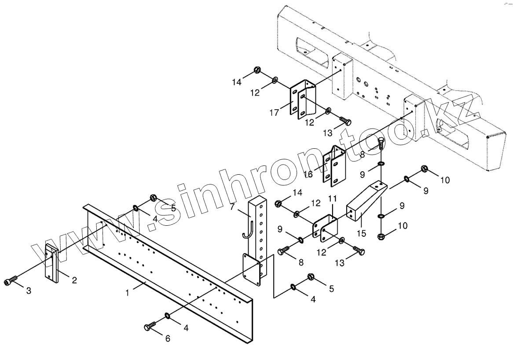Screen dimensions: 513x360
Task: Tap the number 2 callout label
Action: (x=74, y=280)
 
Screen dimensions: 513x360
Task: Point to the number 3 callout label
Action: (x=29, y=291)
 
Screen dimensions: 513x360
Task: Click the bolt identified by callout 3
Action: (x=11, y=281)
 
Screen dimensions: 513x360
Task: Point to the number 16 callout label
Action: (x=308, y=174)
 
